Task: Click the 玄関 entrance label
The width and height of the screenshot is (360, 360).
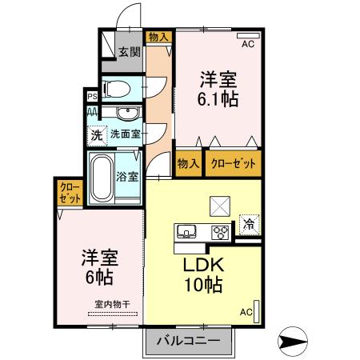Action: [x=130, y=53]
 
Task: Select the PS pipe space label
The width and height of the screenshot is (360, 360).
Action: [x=92, y=98]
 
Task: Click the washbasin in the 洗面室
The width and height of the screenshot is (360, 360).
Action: [x=125, y=113]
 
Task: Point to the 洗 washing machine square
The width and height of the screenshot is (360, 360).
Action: [x=96, y=134]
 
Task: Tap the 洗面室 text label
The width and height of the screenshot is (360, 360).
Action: [x=126, y=134]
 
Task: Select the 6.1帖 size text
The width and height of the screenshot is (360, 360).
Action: [x=218, y=101]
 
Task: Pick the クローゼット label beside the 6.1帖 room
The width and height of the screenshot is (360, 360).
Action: [x=234, y=163]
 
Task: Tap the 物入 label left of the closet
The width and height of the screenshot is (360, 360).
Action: [x=188, y=163]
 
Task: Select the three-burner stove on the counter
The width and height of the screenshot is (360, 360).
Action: [x=219, y=232]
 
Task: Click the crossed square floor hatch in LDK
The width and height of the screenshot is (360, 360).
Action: [x=219, y=206]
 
